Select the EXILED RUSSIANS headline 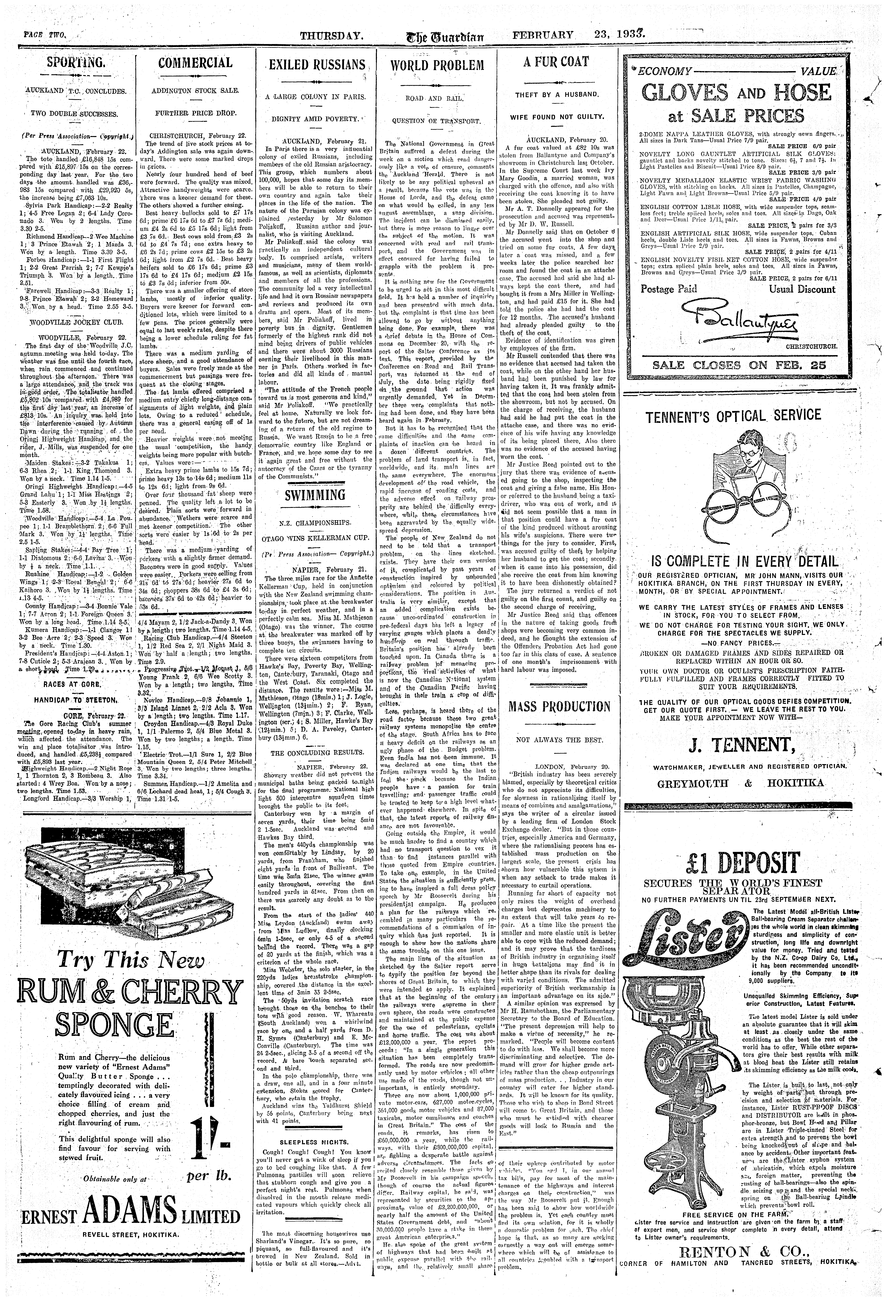pos(317,64)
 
